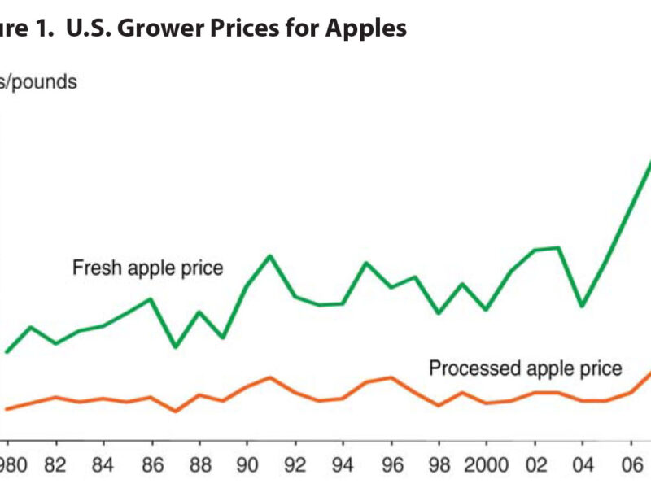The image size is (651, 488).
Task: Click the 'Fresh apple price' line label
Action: tap(147, 268)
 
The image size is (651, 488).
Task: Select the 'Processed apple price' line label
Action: tap(525, 368)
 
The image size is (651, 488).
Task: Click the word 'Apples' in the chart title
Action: tap(366, 28)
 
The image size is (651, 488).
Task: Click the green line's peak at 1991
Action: tap(270, 256)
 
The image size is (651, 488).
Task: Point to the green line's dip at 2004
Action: tap(581, 306)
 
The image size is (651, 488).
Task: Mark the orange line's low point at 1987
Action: tap(175, 412)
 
